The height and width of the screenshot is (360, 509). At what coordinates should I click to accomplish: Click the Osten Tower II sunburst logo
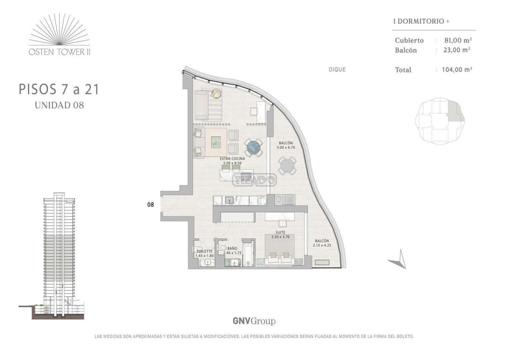click(59, 34)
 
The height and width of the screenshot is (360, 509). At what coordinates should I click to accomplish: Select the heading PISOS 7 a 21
click(59, 90)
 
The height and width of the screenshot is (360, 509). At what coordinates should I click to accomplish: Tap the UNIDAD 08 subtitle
click(59, 105)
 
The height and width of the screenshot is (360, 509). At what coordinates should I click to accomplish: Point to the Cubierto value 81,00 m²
click(458, 40)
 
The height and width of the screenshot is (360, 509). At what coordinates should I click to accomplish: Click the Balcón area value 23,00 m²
click(457, 50)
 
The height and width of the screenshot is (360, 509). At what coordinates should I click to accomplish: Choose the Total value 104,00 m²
click(457, 69)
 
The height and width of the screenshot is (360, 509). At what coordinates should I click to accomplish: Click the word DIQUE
click(337, 69)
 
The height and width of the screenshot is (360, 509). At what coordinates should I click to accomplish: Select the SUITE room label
click(280, 232)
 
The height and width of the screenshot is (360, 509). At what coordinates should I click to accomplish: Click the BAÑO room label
click(232, 249)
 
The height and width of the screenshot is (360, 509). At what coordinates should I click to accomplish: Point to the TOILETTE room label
click(204, 251)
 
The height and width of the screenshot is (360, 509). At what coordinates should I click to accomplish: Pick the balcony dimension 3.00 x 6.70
click(286, 147)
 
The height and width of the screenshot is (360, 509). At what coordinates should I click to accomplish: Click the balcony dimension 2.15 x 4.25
click(322, 245)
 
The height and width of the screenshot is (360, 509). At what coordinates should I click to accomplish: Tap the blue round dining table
click(254, 148)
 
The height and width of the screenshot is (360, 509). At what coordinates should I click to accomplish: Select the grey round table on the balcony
click(287, 166)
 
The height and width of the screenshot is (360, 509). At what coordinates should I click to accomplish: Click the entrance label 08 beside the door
click(151, 205)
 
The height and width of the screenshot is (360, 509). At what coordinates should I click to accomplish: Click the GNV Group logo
click(254, 321)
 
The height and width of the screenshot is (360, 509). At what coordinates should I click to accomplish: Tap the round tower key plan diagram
click(440, 121)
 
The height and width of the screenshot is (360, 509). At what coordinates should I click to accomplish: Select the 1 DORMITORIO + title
click(421, 21)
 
